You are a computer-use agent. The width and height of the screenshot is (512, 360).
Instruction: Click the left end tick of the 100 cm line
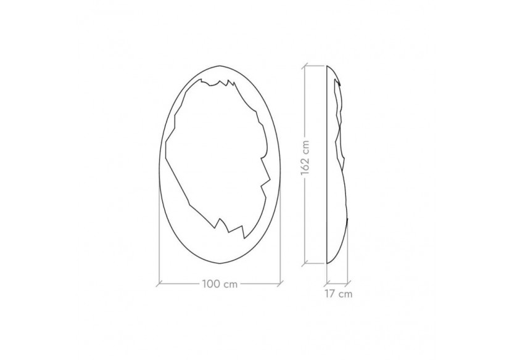click(159, 284)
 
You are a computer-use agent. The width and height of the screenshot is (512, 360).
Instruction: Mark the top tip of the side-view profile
click(326, 64)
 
